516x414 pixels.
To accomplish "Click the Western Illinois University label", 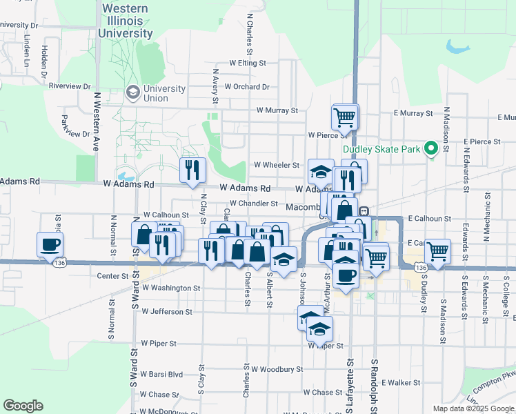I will tap(126, 21).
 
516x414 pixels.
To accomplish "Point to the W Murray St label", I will tap(277, 110).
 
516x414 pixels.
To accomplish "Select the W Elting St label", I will tap(248, 63).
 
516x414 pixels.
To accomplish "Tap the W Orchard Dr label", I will tap(246, 87).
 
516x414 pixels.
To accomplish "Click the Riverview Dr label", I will tap(70, 86).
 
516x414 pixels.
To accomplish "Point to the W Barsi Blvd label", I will tap(161, 375).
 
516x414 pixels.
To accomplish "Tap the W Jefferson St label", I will tap(167, 312).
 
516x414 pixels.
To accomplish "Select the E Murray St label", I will tap(413, 112).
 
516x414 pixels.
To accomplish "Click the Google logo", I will tap(23, 406).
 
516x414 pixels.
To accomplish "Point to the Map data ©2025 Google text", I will tap(473, 408).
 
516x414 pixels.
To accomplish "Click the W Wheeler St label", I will tap(277, 166).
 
